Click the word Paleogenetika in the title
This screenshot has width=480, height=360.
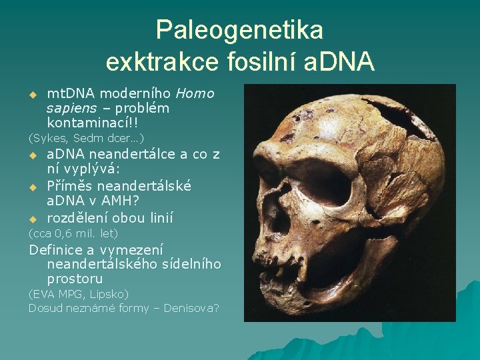tap(239, 30)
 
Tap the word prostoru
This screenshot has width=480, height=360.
tap(75, 279)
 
